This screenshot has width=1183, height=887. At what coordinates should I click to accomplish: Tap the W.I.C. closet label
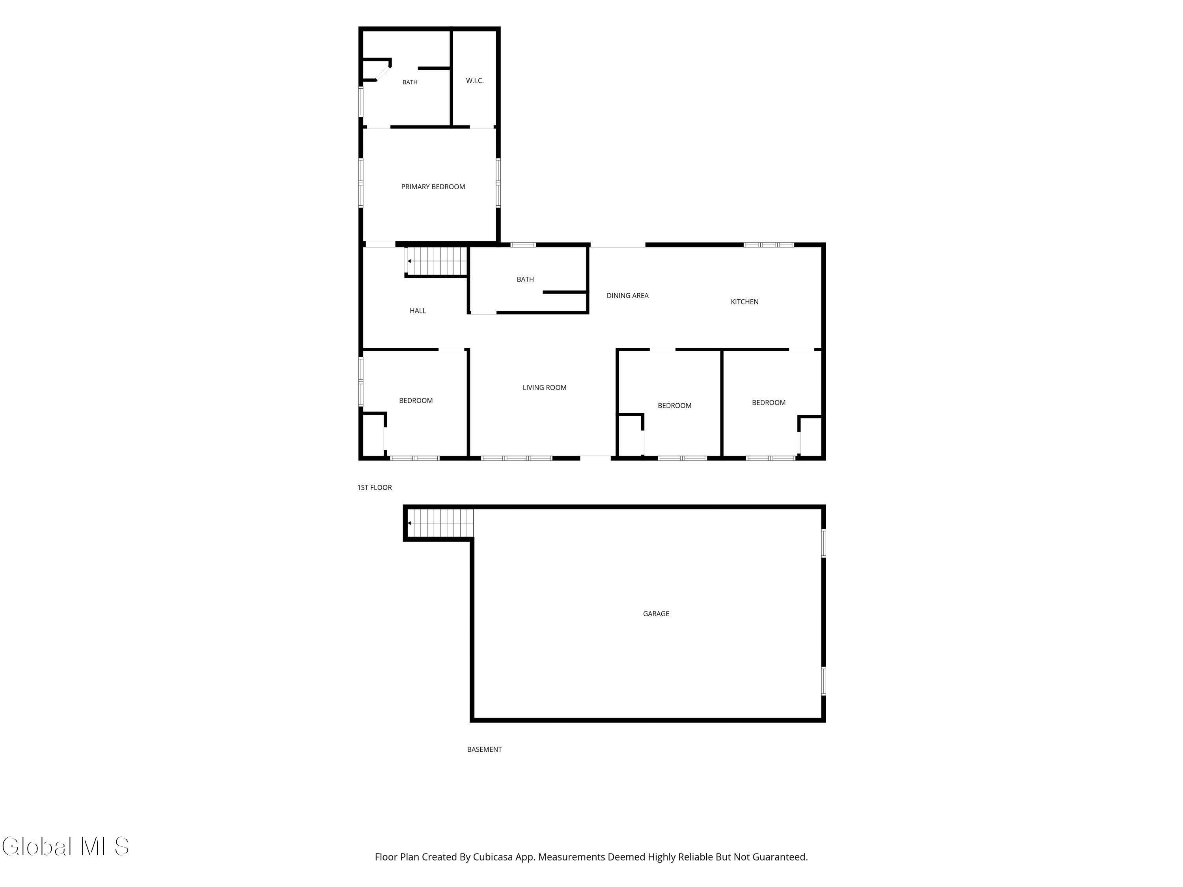474,81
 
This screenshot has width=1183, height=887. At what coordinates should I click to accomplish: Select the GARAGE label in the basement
656,614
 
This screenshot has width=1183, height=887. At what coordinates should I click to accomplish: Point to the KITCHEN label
745,302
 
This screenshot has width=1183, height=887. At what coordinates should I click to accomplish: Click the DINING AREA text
627,296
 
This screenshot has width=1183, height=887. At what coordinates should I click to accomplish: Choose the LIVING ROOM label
545,388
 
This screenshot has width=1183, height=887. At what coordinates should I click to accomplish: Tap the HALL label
418,311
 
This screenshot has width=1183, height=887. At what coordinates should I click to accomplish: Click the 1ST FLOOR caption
374,488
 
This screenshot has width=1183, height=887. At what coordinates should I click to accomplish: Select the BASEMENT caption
485,749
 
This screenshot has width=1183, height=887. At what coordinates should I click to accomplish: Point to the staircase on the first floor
437,261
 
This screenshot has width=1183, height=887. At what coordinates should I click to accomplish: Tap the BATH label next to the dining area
525,280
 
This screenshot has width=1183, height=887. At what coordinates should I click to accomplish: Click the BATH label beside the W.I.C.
410,82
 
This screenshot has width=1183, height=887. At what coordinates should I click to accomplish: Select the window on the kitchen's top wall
769,245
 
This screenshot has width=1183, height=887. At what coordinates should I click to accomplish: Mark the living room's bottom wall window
517,458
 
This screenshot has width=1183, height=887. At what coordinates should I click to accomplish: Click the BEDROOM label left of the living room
416,401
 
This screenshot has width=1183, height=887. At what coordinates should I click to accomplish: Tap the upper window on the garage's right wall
824,543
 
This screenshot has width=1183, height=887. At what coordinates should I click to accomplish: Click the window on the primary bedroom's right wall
498,183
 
